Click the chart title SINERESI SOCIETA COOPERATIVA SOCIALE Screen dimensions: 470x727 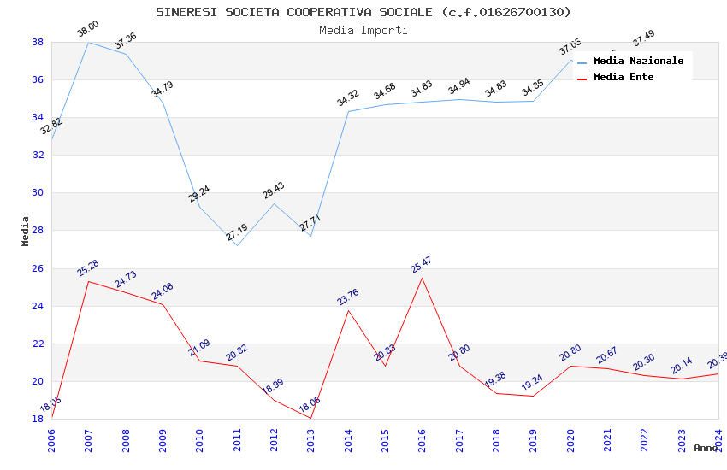pos(363,12)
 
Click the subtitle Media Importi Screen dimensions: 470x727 pos(363,30)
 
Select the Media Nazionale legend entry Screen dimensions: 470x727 pos(638,62)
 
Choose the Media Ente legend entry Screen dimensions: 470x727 pos(624,78)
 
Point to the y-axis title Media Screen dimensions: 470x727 pos(26,231)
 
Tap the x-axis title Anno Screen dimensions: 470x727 pos(706,448)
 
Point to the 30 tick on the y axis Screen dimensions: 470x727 pos(38,193)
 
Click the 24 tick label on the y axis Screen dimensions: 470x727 pos(38,306)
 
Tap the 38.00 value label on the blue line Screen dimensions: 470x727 pos(87,30)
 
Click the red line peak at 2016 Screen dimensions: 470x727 pos(423,278)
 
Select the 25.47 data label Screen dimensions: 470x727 pos(421,264)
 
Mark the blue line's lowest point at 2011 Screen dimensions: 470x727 pos(237,245)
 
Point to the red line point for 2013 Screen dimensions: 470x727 pos(311,418)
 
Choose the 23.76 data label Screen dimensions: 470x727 pos(348,297)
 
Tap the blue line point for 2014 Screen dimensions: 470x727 pos(348,111)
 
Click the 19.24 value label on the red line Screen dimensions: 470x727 pos(532,382)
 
